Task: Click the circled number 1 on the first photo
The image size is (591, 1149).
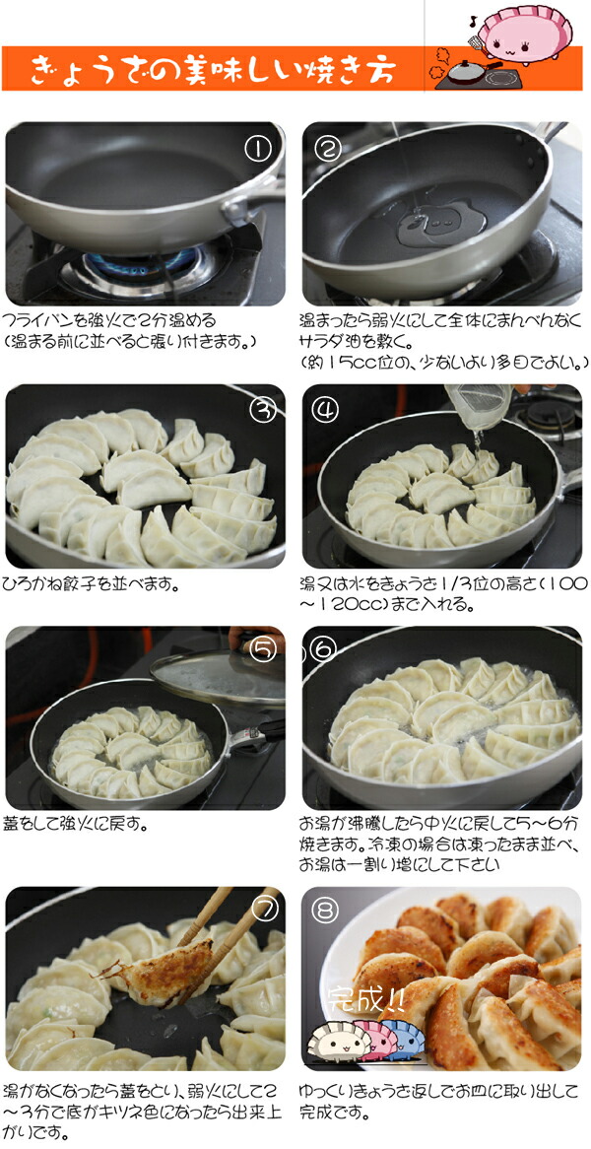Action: pyautogui.click(x=258, y=149)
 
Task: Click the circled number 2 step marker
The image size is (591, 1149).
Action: pyautogui.click(x=329, y=149)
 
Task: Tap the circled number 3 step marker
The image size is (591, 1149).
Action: pyautogui.click(x=261, y=410)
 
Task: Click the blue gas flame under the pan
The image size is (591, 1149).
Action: pyautogui.click(x=138, y=264)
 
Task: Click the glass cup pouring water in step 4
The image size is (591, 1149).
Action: pyautogui.click(x=479, y=402)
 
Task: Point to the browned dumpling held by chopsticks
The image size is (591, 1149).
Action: pyautogui.click(x=167, y=966)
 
